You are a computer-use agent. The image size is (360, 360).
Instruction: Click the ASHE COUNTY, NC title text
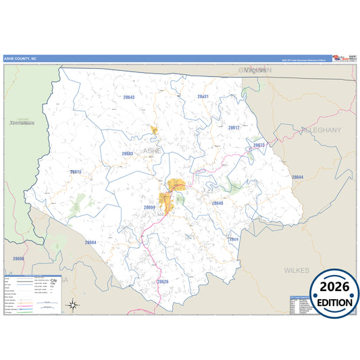pos(21,59)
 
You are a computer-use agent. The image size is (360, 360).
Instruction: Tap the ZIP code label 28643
pos(128,97)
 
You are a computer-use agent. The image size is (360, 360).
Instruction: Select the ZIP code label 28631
pos(203,97)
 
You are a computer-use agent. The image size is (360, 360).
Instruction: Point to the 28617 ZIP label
pos(234,127)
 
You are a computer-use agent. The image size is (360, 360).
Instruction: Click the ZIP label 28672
pos(259,145)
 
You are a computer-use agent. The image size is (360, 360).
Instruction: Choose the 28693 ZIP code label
pos(128,153)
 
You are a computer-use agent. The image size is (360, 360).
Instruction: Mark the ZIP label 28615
pos(75,172)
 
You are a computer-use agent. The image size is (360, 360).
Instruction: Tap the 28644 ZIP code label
pos(298,177)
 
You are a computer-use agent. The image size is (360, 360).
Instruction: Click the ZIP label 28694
pos(149,207)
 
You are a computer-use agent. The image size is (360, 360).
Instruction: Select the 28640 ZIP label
pos(217,203)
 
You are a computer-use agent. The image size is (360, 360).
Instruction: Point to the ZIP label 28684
pos(91,242)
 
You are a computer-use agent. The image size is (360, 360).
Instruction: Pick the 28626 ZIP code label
pos(162,281)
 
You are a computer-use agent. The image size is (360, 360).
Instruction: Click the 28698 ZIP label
pos(18,258)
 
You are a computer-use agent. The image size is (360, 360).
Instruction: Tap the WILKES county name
pos(296,270)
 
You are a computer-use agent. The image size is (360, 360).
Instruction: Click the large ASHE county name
pos(152,151)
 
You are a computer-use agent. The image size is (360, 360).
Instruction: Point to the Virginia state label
pos(256,70)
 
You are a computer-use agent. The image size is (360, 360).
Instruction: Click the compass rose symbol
pos(73,305)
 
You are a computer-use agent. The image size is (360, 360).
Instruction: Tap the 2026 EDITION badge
pos(334,292)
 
